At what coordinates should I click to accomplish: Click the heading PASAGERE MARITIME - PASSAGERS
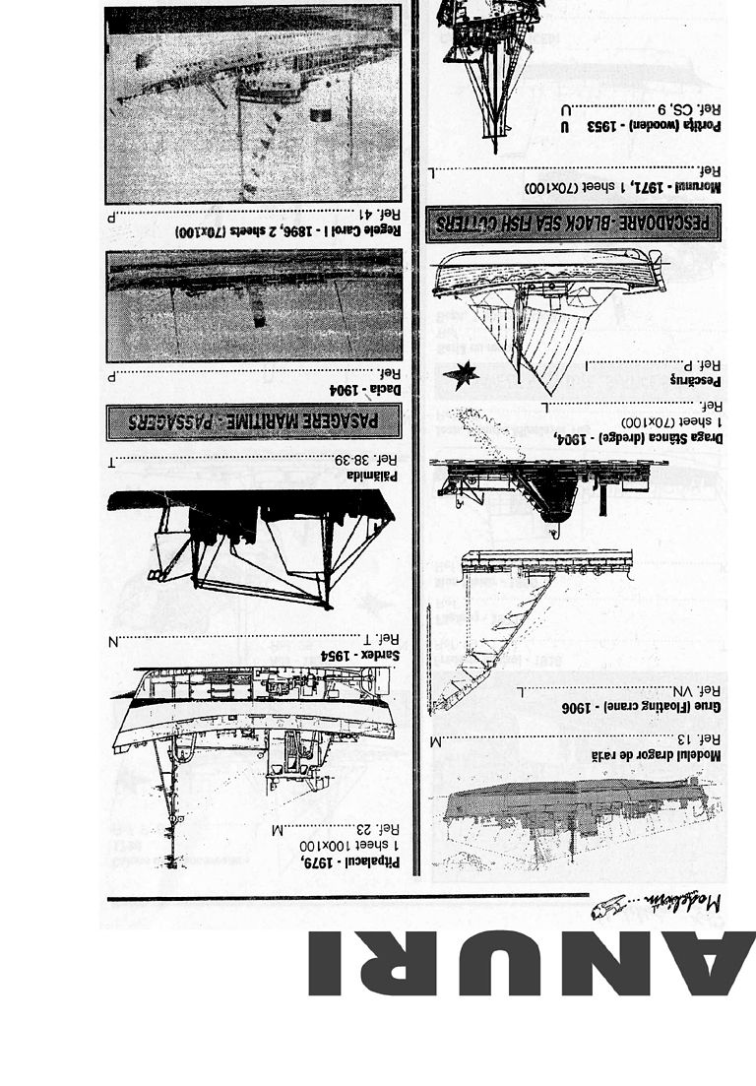click(255, 420)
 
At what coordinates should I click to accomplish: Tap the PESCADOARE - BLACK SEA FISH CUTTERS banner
click(573, 224)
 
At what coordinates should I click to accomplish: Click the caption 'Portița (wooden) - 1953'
click(655, 127)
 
